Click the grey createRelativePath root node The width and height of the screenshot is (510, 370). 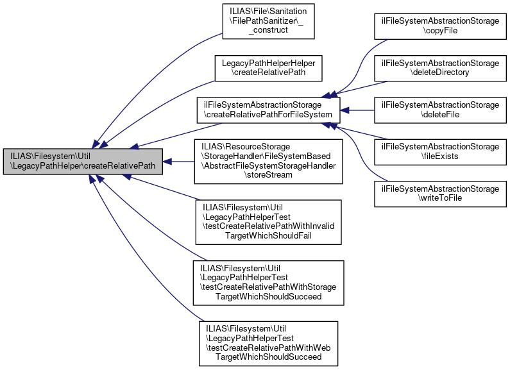[83, 162]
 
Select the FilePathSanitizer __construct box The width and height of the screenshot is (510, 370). [268, 21]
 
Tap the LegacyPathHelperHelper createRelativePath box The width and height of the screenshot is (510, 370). [268, 68]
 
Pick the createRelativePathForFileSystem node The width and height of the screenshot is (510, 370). [268, 110]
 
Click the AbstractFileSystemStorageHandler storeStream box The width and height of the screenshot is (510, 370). [268, 162]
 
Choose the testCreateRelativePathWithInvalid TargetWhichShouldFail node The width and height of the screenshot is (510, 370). [268, 222]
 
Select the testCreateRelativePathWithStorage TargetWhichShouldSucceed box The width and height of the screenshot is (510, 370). [268, 283]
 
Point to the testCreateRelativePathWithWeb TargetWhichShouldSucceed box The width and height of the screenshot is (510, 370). [268, 344]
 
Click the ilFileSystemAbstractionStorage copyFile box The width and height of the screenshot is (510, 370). [440, 26]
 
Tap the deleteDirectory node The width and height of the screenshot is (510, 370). [440, 68]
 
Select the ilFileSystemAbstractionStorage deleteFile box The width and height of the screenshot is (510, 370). [440, 110]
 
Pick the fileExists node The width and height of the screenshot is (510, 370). [440, 152]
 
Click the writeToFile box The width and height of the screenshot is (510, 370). [440, 194]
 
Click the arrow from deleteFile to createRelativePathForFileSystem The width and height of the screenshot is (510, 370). [357, 110]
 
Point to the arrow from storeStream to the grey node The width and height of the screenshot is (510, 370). [178, 162]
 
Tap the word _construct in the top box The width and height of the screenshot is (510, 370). [268, 30]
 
